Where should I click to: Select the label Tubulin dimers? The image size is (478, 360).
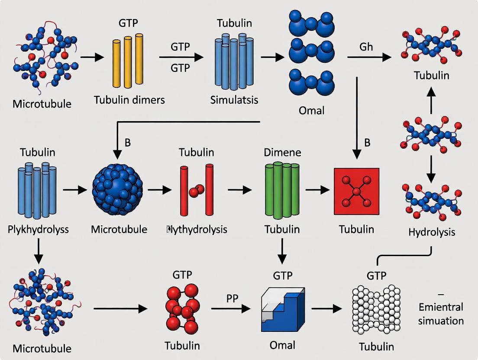(x=129, y=100)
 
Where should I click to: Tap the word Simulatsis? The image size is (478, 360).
(x=234, y=100)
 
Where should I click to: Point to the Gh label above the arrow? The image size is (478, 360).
(x=366, y=47)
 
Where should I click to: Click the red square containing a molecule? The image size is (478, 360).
(x=356, y=191)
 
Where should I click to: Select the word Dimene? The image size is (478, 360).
(x=282, y=152)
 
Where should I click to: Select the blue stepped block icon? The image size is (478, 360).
(x=282, y=309)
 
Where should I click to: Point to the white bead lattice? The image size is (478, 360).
(x=375, y=310)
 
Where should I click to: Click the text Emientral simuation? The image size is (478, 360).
(x=441, y=314)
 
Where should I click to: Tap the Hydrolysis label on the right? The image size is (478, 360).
(x=432, y=232)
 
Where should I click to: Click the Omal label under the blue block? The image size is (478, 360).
(x=282, y=345)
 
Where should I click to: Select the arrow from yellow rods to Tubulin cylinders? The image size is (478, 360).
(x=181, y=57)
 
